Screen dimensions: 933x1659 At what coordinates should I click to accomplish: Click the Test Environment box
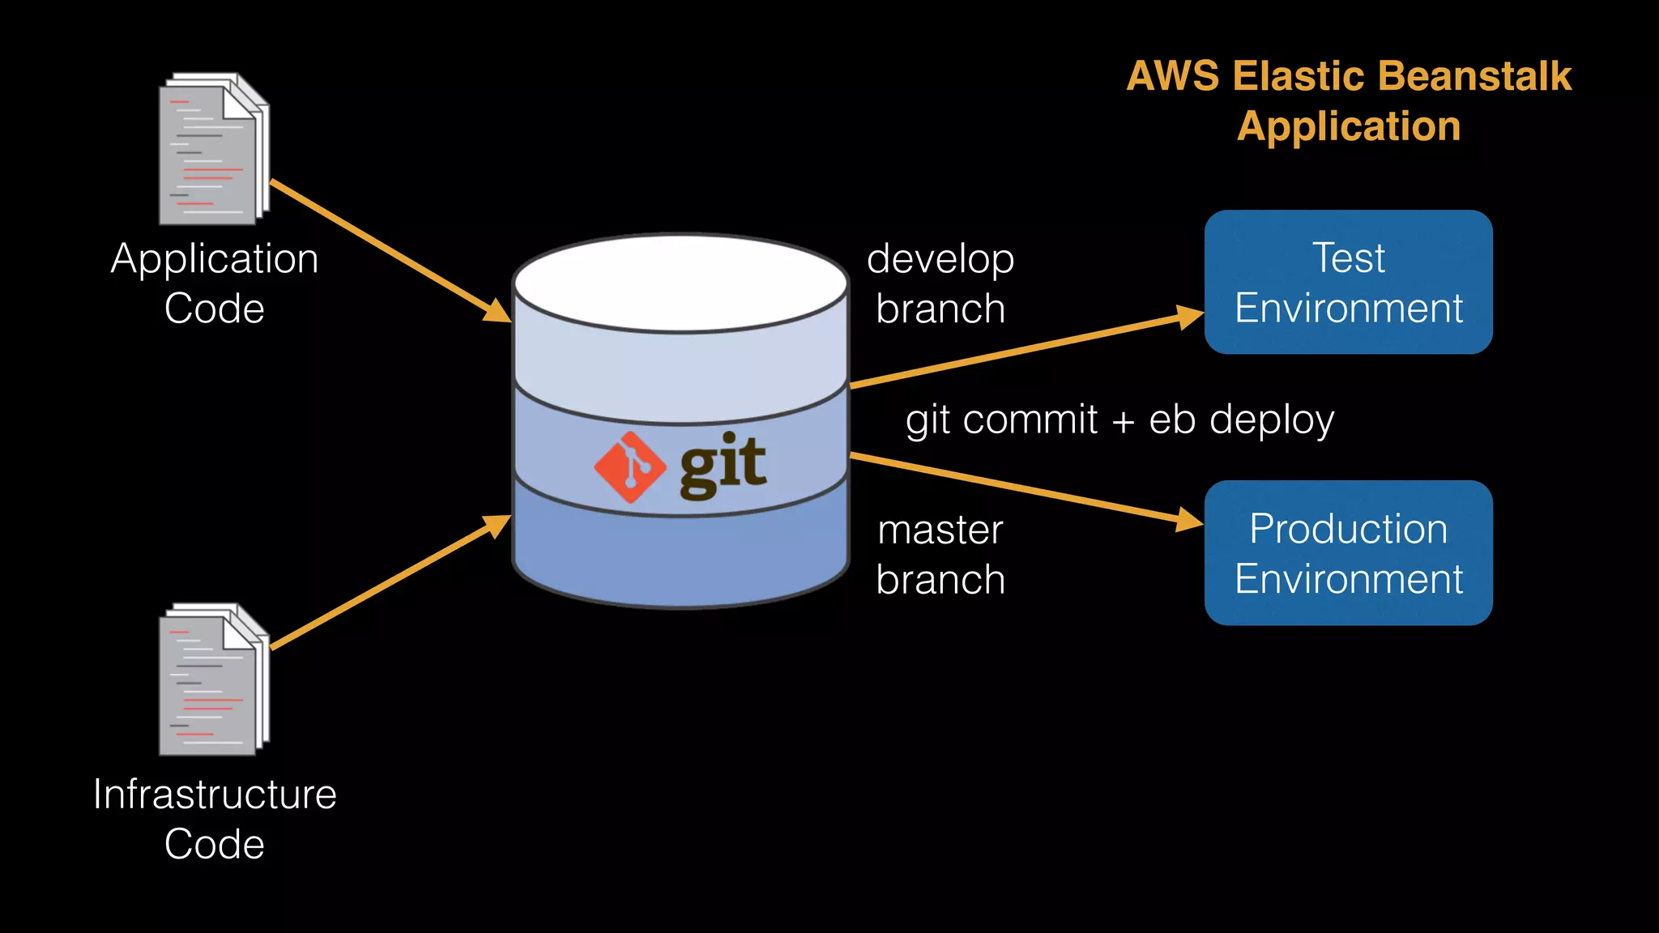click(x=1348, y=282)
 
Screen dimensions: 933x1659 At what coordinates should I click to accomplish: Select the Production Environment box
click(x=1348, y=552)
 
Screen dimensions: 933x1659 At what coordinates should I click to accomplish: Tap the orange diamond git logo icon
click(x=630, y=467)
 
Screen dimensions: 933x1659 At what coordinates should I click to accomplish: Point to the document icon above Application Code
click(x=213, y=150)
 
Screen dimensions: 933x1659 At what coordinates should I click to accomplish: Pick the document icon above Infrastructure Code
click(x=213, y=680)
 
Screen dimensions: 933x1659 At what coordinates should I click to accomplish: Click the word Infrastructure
click(x=215, y=794)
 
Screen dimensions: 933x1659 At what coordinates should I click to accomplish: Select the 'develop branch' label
click(x=940, y=283)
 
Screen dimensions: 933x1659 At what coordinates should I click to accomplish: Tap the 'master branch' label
click(x=940, y=555)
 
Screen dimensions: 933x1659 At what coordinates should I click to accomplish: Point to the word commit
click(x=1030, y=420)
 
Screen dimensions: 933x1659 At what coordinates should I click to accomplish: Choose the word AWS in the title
click(x=1172, y=76)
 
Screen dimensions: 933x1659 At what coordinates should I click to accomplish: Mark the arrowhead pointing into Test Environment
click(x=1189, y=317)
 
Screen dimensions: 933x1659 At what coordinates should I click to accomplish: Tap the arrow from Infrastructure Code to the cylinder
click(x=389, y=583)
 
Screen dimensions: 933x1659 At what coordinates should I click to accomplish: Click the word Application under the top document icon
click(x=215, y=259)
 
